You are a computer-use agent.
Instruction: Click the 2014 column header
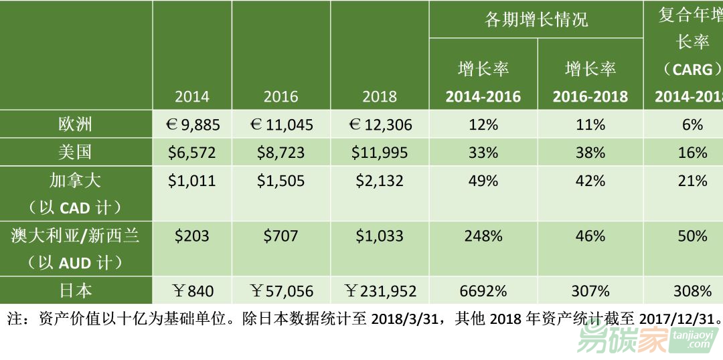(x=192, y=96)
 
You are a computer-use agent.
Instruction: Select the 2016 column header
(x=280, y=96)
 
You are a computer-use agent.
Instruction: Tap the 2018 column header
(x=380, y=96)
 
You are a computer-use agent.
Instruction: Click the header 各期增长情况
(x=536, y=19)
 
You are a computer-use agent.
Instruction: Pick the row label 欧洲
(x=75, y=124)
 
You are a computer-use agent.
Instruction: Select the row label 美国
(x=75, y=152)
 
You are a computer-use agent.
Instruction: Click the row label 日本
(x=75, y=290)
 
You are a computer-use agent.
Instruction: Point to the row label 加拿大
(x=75, y=181)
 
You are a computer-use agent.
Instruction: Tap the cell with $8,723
(x=280, y=153)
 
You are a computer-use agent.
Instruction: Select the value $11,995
(x=380, y=153)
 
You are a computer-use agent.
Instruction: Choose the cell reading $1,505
(x=280, y=181)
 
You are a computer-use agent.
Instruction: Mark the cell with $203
(x=192, y=236)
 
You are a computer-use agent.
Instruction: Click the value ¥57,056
(x=281, y=291)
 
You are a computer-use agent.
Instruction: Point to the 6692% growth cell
(x=483, y=291)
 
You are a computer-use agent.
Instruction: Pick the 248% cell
(x=483, y=236)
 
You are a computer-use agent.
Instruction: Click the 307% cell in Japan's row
(x=590, y=291)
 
